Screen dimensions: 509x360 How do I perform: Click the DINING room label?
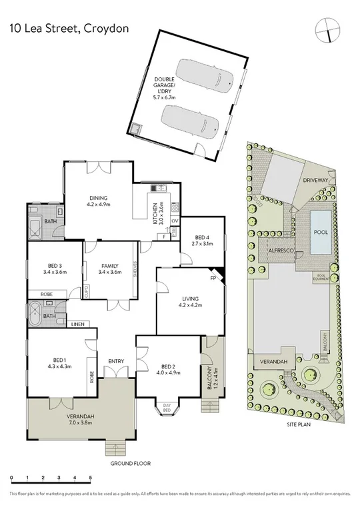click(99, 201)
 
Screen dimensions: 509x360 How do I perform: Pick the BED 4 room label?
click(203, 240)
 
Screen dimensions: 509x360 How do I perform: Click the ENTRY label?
click(116, 361)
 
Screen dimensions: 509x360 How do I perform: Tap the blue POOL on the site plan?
click(321, 232)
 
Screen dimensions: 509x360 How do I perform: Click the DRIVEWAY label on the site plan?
click(315, 181)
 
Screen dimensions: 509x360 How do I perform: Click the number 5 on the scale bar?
click(89, 478)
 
